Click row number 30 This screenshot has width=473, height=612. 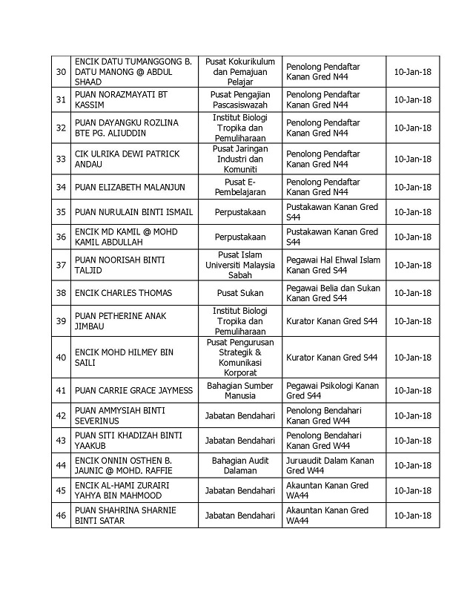62,72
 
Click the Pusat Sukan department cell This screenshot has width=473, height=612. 239,292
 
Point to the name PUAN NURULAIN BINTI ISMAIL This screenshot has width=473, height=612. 133,212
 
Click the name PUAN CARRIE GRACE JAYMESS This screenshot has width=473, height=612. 133,390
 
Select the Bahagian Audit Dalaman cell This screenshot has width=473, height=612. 239,465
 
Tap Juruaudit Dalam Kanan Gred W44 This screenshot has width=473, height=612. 331,465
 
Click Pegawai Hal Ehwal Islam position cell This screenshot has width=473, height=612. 333,265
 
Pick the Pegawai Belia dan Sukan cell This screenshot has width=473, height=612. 333,292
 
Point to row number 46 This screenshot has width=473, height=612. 62,515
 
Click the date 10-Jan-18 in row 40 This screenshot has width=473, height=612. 412,358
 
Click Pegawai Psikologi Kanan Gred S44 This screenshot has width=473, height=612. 332,390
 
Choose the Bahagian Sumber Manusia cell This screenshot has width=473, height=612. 239,390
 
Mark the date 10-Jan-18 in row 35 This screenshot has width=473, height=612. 412,212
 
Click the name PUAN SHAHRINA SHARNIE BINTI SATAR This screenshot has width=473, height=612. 119,515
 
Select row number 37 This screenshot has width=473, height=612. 62,265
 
